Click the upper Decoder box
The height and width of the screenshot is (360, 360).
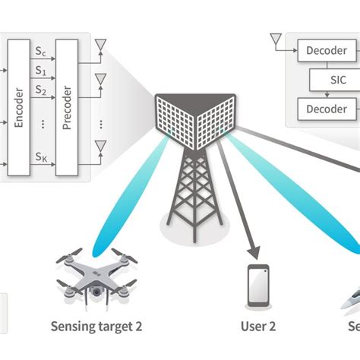pyautogui.click(x=326, y=51)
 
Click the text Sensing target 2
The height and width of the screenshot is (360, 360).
pyautogui.click(x=96, y=327)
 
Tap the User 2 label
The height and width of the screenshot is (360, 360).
pyautogui.click(x=257, y=327)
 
